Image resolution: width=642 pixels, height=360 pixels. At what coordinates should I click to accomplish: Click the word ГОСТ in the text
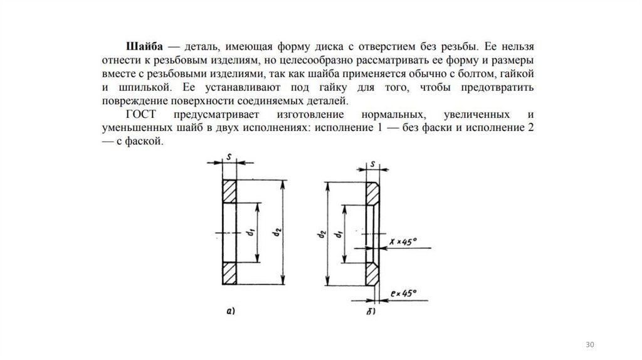point(140,115)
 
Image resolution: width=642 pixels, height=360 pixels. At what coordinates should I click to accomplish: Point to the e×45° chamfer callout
point(404,293)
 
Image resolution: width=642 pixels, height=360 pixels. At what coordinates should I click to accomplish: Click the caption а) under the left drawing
point(229,310)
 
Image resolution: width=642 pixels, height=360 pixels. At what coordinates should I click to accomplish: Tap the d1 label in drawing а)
point(250,233)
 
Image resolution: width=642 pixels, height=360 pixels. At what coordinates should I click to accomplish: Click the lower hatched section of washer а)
point(229,273)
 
